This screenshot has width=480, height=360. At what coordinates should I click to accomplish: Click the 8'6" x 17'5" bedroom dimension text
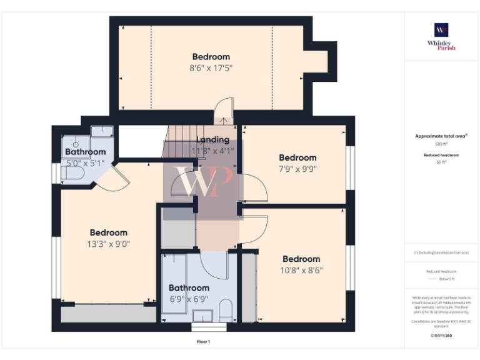(x=211, y=68)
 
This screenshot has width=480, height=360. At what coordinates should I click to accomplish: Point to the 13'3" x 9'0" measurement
(x=109, y=244)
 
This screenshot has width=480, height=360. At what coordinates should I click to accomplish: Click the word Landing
(x=213, y=140)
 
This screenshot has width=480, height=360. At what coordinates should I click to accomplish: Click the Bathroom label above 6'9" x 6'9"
(x=189, y=288)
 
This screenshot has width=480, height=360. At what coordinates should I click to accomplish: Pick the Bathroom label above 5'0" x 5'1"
(x=86, y=152)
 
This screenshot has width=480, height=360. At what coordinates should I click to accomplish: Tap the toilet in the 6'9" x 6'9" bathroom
(x=226, y=309)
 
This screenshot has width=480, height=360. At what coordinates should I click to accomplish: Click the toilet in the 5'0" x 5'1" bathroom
(x=72, y=172)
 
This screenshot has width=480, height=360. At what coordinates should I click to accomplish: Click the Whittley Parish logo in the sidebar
(x=441, y=36)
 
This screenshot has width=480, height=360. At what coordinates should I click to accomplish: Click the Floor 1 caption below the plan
(x=204, y=342)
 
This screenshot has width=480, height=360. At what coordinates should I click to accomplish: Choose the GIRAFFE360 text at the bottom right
(x=441, y=336)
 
